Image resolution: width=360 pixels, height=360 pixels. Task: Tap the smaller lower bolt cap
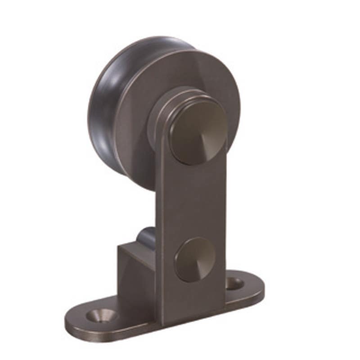(x=195, y=259)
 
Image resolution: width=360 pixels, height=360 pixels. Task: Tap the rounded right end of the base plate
(x=256, y=288)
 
